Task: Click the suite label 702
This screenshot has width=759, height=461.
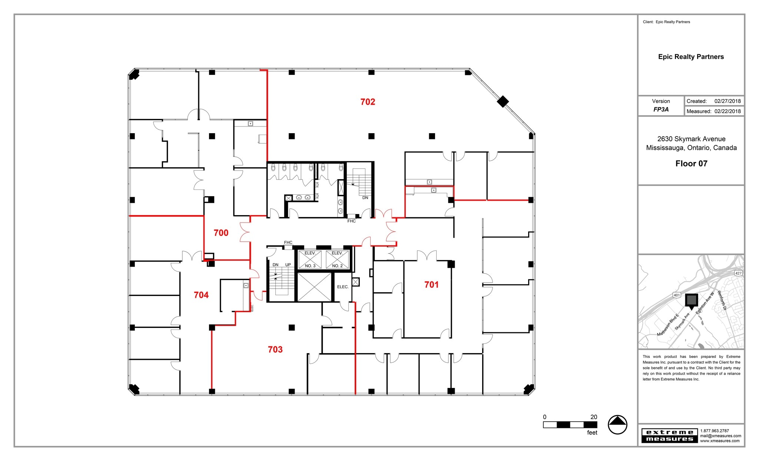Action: click(x=368, y=102)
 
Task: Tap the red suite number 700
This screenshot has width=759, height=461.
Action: click(x=221, y=233)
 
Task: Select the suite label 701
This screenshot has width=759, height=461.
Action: click(x=431, y=285)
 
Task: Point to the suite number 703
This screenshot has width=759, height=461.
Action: click(x=275, y=349)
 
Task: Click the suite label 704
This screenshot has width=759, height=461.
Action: click(x=201, y=295)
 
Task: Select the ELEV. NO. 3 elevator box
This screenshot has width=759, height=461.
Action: click(x=310, y=259)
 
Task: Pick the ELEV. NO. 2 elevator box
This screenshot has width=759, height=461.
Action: click(x=337, y=259)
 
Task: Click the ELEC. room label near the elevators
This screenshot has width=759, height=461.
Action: click(x=343, y=287)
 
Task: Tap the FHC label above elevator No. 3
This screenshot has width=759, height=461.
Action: click(x=288, y=243)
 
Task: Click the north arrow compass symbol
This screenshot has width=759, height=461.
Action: click(x=617, y=425)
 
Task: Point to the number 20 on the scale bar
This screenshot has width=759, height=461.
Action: click(x=594, y=417)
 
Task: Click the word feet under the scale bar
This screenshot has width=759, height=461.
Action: click(x=592, y=433)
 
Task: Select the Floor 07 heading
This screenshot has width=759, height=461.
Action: click(x=691, y=164)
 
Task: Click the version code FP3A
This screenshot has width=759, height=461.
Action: click(x=661, y=109)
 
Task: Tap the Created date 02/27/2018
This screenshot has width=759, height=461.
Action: click(x=727, y=101)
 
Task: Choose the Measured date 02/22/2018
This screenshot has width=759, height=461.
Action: click(x=727, y=111)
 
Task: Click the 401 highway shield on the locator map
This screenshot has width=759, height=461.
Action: click(x=677, y=295)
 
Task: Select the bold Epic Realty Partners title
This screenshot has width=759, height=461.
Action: click(x=691, y=57)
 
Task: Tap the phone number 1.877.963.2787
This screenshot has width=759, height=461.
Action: click(x=715, y=431)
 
